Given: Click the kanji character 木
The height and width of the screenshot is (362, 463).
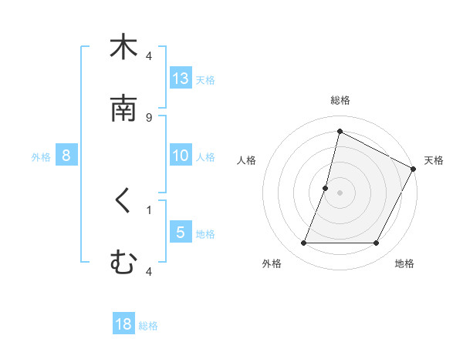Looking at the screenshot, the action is (x=123, y=47).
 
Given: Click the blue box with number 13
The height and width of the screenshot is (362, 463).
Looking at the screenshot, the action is (x=181, y=78).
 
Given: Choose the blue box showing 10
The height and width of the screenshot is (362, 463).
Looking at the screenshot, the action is (x=181, y=156).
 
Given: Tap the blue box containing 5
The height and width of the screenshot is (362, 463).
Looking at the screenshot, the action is (x=181, y=232).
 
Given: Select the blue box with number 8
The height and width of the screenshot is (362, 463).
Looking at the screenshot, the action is (x=66, y=156).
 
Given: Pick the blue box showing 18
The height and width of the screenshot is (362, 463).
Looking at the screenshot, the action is (x=123, y=324).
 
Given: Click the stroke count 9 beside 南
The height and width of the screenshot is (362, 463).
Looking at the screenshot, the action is (x=149, y=117).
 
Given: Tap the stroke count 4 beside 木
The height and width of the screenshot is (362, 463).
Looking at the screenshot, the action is (x=149, y=55).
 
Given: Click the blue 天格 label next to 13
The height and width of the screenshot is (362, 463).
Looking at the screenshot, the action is (x=205, y=79).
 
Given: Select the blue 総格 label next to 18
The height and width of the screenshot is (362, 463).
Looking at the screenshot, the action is (x=148, y=326).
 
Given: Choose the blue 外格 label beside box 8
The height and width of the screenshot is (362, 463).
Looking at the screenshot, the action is (x=41, y=157).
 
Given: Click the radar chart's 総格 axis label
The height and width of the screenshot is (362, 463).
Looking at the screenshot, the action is (x=340, y=100).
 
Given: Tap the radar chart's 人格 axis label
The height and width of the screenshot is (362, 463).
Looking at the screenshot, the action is (x=247, y=160).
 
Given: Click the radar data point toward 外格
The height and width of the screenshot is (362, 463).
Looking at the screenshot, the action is (x=303, y=243).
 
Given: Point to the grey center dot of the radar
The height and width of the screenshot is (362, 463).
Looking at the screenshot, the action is (x=340, y=192).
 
